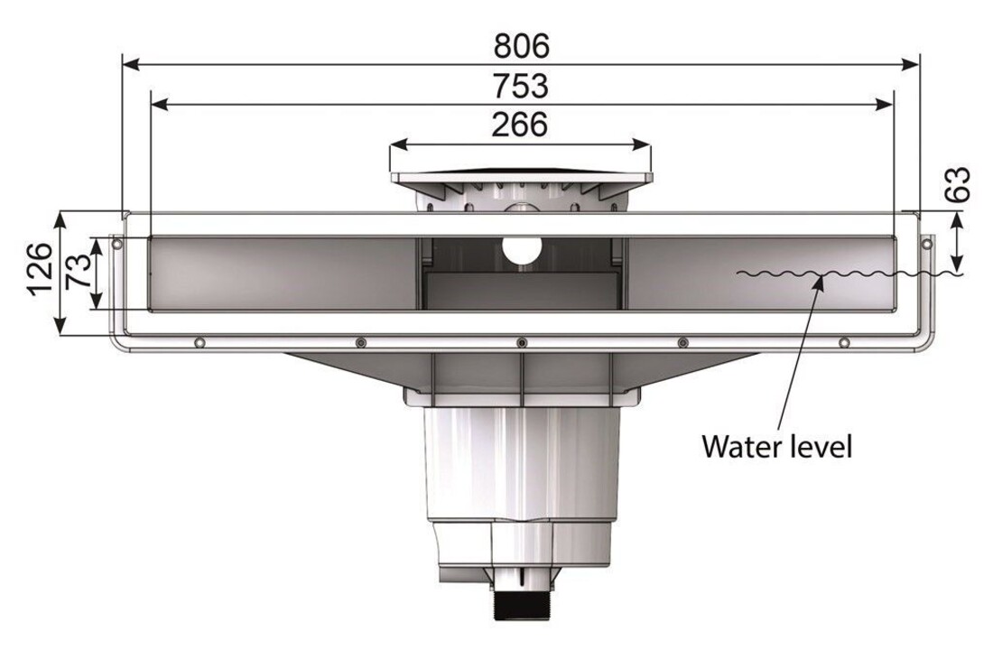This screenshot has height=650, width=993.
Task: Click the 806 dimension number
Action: (521, 46)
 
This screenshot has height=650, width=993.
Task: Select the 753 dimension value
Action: (521, 86)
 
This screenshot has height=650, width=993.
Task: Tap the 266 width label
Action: (519, 125)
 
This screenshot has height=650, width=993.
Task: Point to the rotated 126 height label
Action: (40, 268)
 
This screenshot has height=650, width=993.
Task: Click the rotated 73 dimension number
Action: (79, 271)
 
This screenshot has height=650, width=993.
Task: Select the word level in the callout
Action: (822, 446)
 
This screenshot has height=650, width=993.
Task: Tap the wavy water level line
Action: (849, 274)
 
